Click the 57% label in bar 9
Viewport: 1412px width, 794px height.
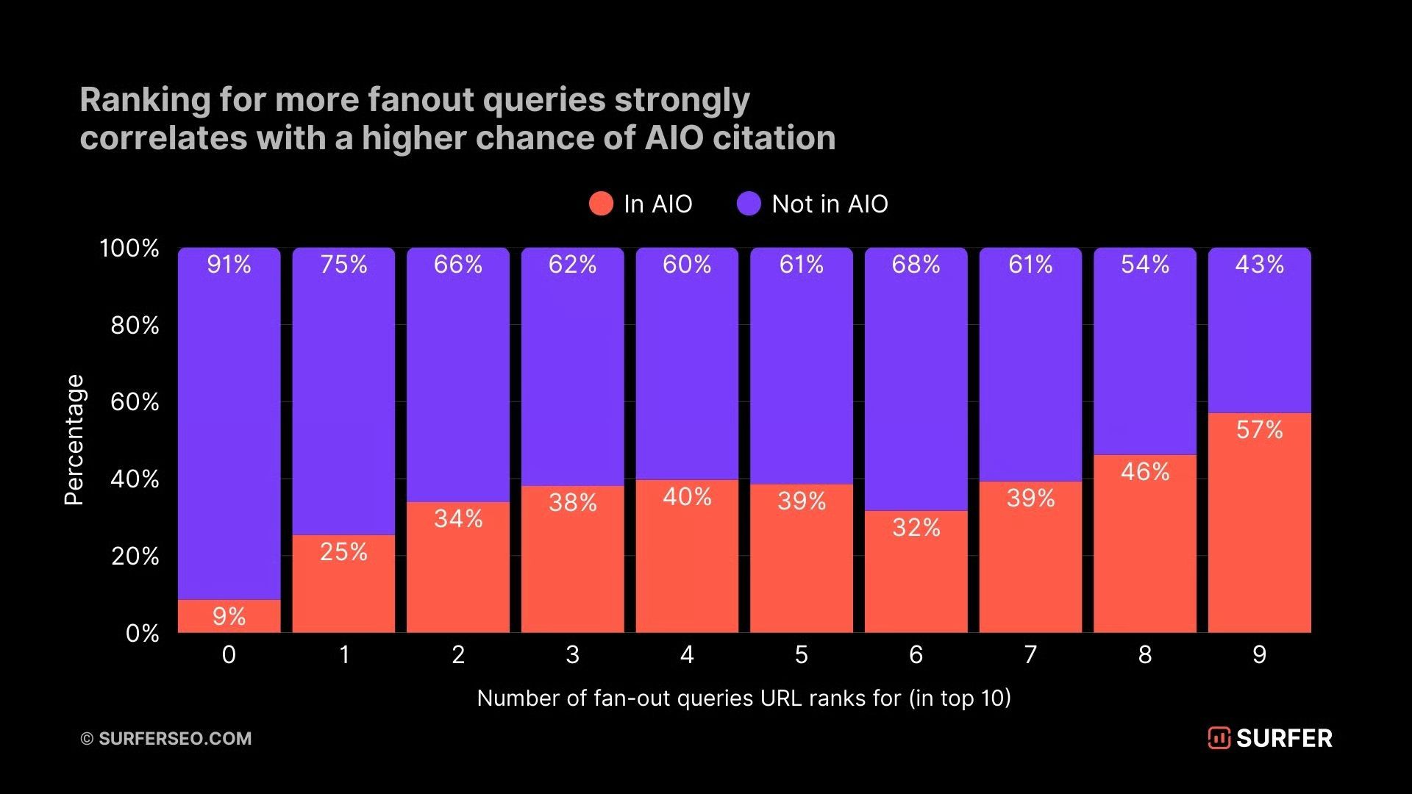click(1259, 430)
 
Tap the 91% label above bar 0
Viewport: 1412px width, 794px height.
click(229, 265)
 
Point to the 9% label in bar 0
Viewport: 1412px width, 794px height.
click(229, 616)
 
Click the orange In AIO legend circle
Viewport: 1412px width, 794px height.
click(601, 204)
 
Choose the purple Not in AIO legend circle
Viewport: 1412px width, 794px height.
click(749, 204)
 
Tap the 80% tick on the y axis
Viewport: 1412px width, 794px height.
click(135, 325)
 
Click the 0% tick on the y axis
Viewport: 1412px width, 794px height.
click(142, 633)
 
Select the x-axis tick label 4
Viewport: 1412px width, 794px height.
click(687, 654)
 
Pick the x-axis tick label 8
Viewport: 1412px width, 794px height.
click(1145, 654)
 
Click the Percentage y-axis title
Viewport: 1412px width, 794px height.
click(74, 440)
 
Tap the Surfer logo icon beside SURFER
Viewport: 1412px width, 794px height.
click(1219, 738)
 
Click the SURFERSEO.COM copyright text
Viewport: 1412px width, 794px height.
click(174, 738)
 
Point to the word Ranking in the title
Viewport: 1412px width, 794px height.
click(144, 101)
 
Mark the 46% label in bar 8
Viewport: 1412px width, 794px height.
click(1145, 471)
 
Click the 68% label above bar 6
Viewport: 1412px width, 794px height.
click(916, 265)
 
